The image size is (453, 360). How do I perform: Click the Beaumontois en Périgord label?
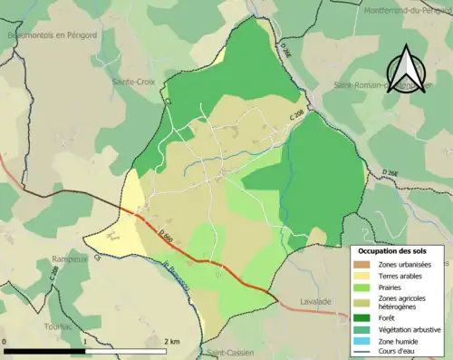click(x=52, y=34)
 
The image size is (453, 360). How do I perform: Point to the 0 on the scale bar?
click(x=5, y=341)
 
